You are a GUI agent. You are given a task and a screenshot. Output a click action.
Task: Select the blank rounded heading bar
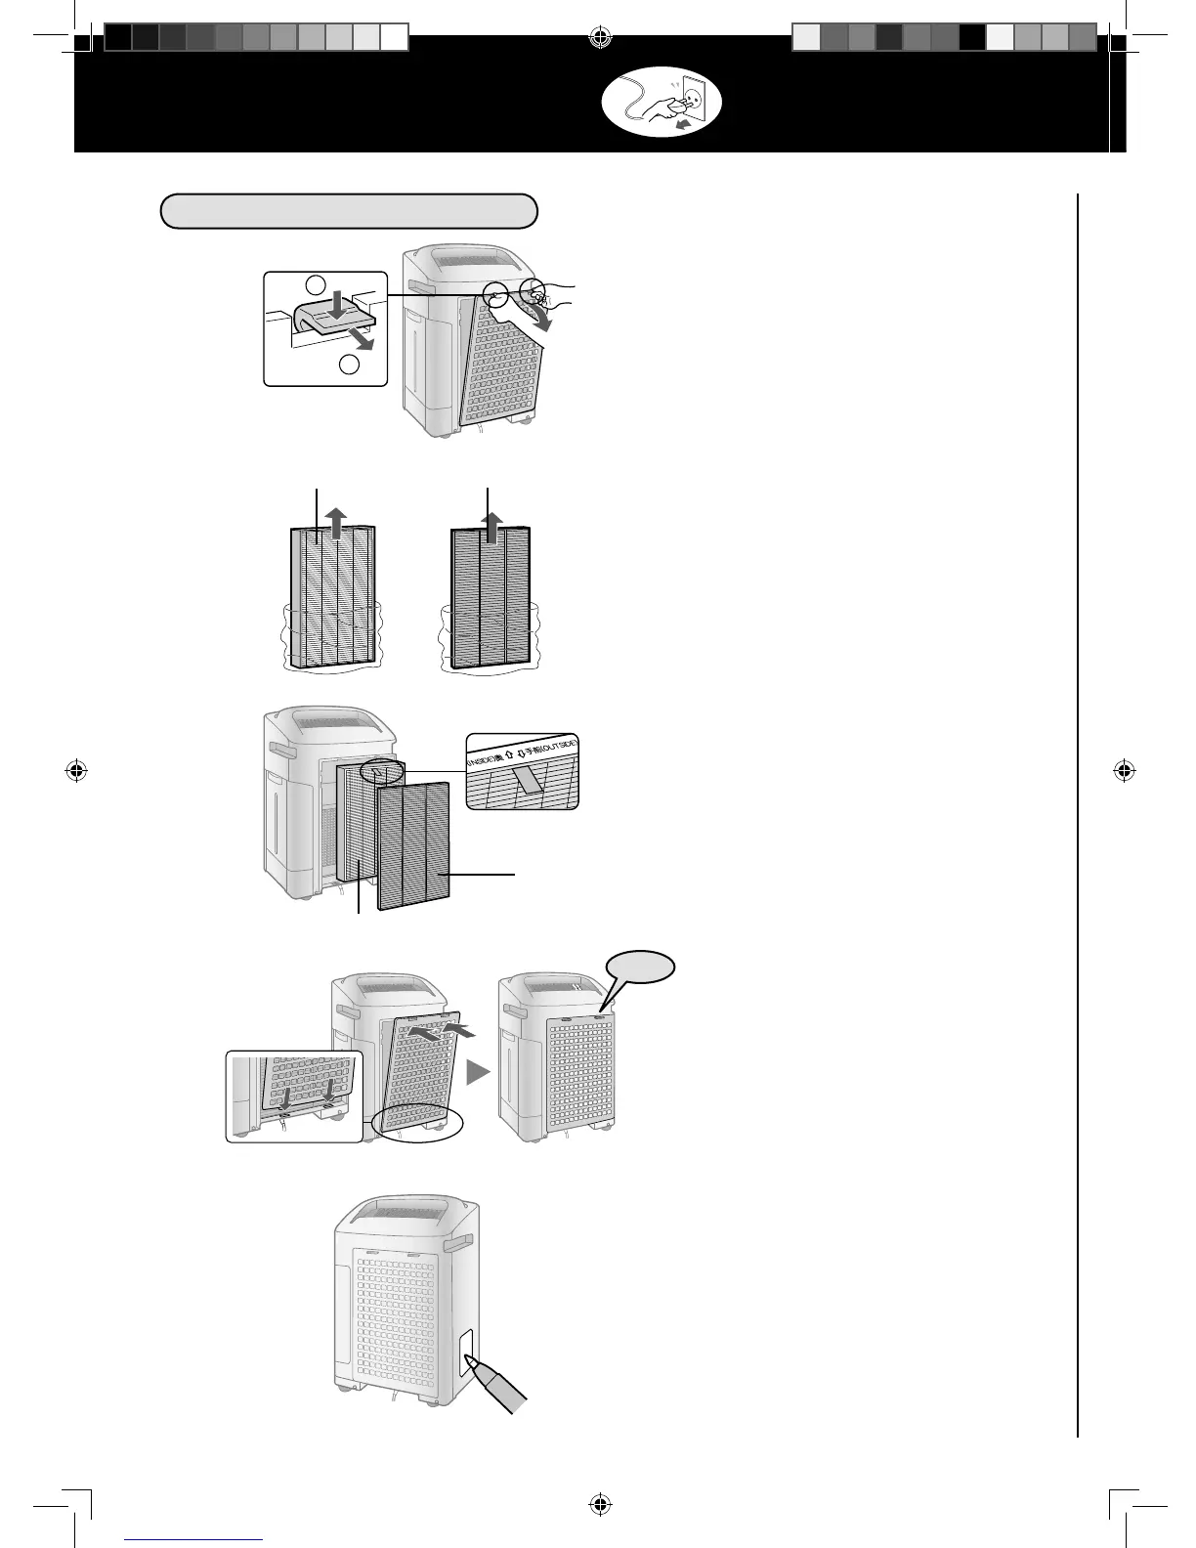(349, 210)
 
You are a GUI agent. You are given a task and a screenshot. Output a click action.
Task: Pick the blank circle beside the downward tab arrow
(314, 284)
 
